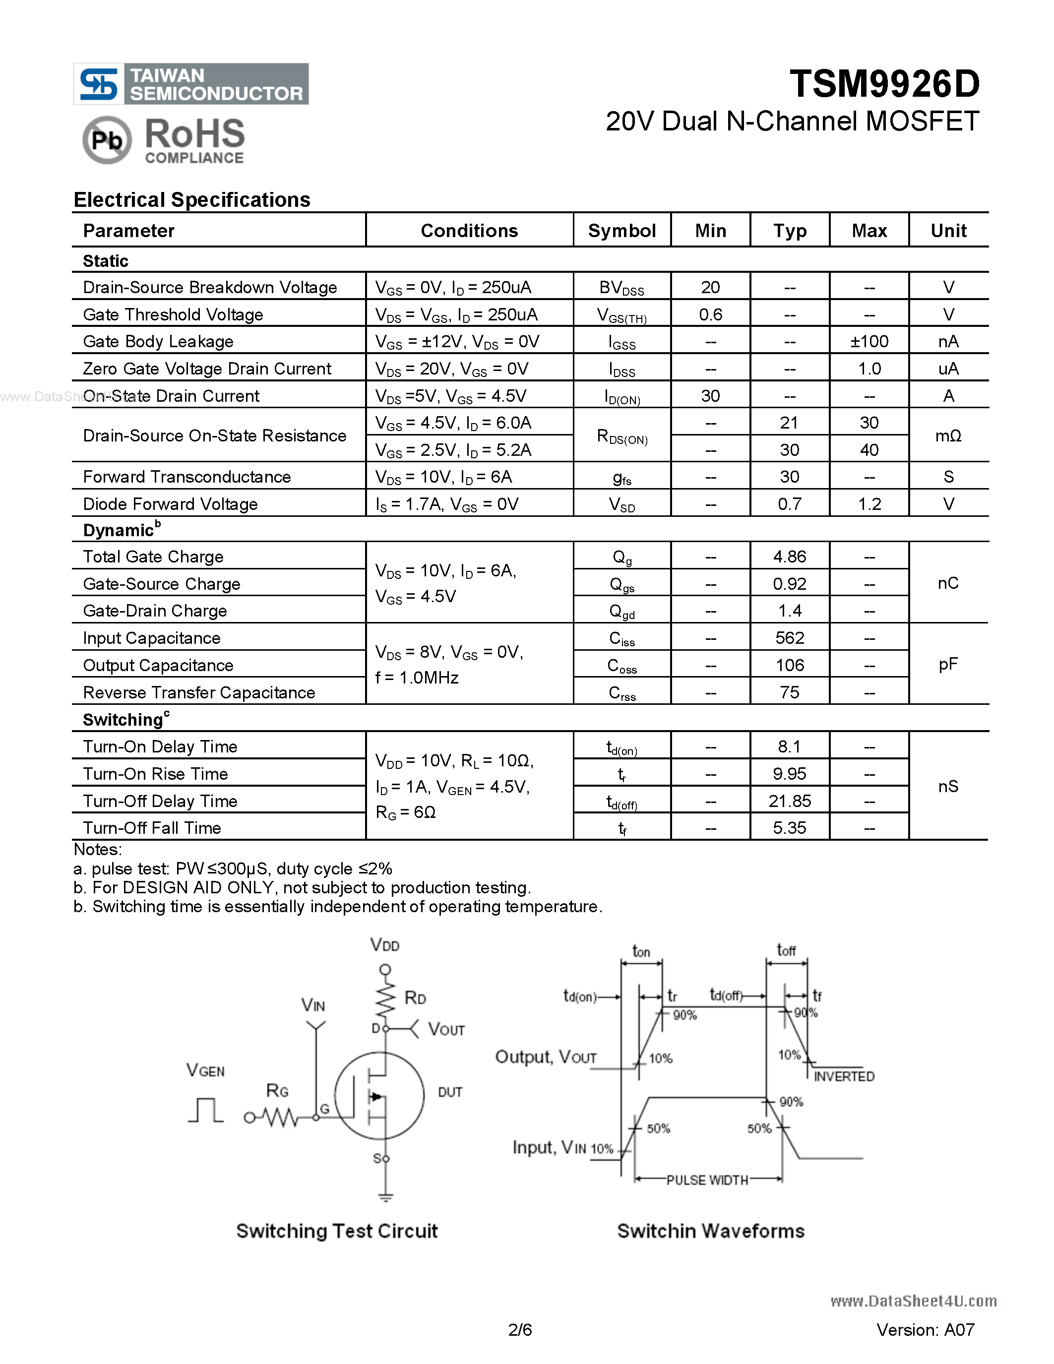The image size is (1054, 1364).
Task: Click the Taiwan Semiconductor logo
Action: tap(191, 84)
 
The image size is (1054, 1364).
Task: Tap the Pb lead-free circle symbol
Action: tap(107, 140)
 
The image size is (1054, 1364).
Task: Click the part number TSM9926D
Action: tap(884, 84)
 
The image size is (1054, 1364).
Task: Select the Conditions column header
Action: tap(469, 231)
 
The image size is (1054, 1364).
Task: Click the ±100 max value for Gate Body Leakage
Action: tap(869, 342)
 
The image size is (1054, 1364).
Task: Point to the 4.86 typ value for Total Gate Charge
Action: tap(789, 557)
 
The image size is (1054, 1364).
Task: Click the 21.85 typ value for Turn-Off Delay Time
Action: tap(789, 801)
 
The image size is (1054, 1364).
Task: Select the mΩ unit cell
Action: tap(948, 436)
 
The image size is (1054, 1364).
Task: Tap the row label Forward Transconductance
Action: tap(186, 477)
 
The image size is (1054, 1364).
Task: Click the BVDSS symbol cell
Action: tap(621, 288)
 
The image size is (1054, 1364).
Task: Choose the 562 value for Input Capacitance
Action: tap(789, 638)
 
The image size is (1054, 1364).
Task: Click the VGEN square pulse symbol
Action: tap(205, 1110)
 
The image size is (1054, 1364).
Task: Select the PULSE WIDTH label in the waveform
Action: tap(707, 1180)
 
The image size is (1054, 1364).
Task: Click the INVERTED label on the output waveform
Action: tap(844, 1077)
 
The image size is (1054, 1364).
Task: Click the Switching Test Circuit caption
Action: tap(337, 1231)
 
